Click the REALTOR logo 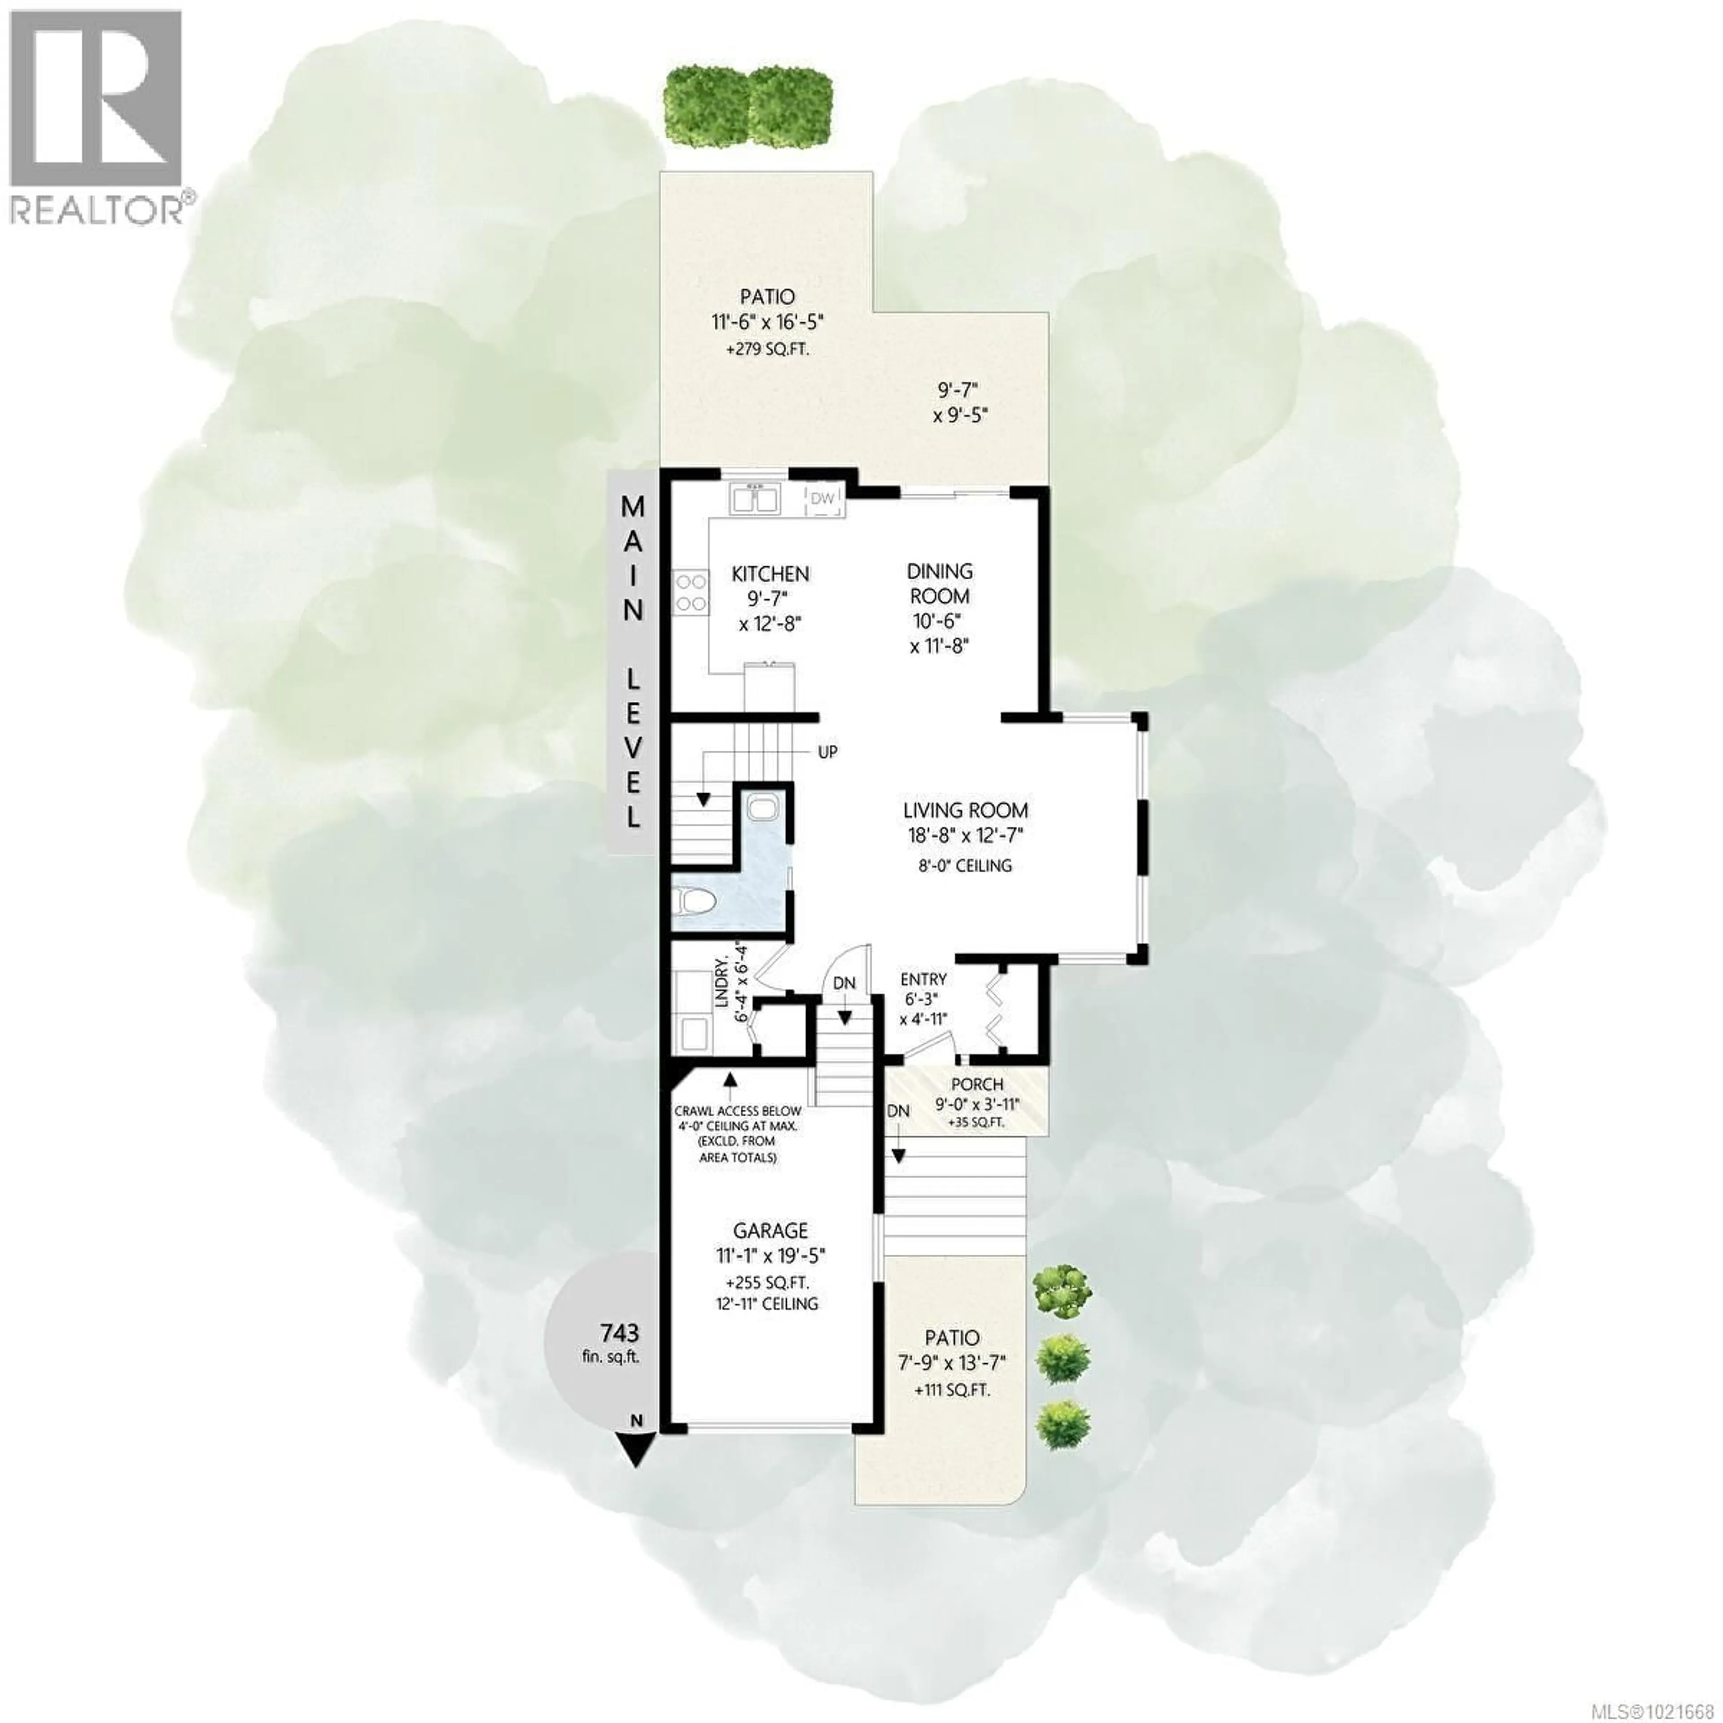coord(98,116)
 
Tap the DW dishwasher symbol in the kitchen coord(822,499)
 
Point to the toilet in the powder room coord(695,902)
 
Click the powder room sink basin coord(762,808)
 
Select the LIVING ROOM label coord(965,811)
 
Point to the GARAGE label coord(770,1231)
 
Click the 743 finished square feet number coord(619,1333)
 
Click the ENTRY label coord(923,979)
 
